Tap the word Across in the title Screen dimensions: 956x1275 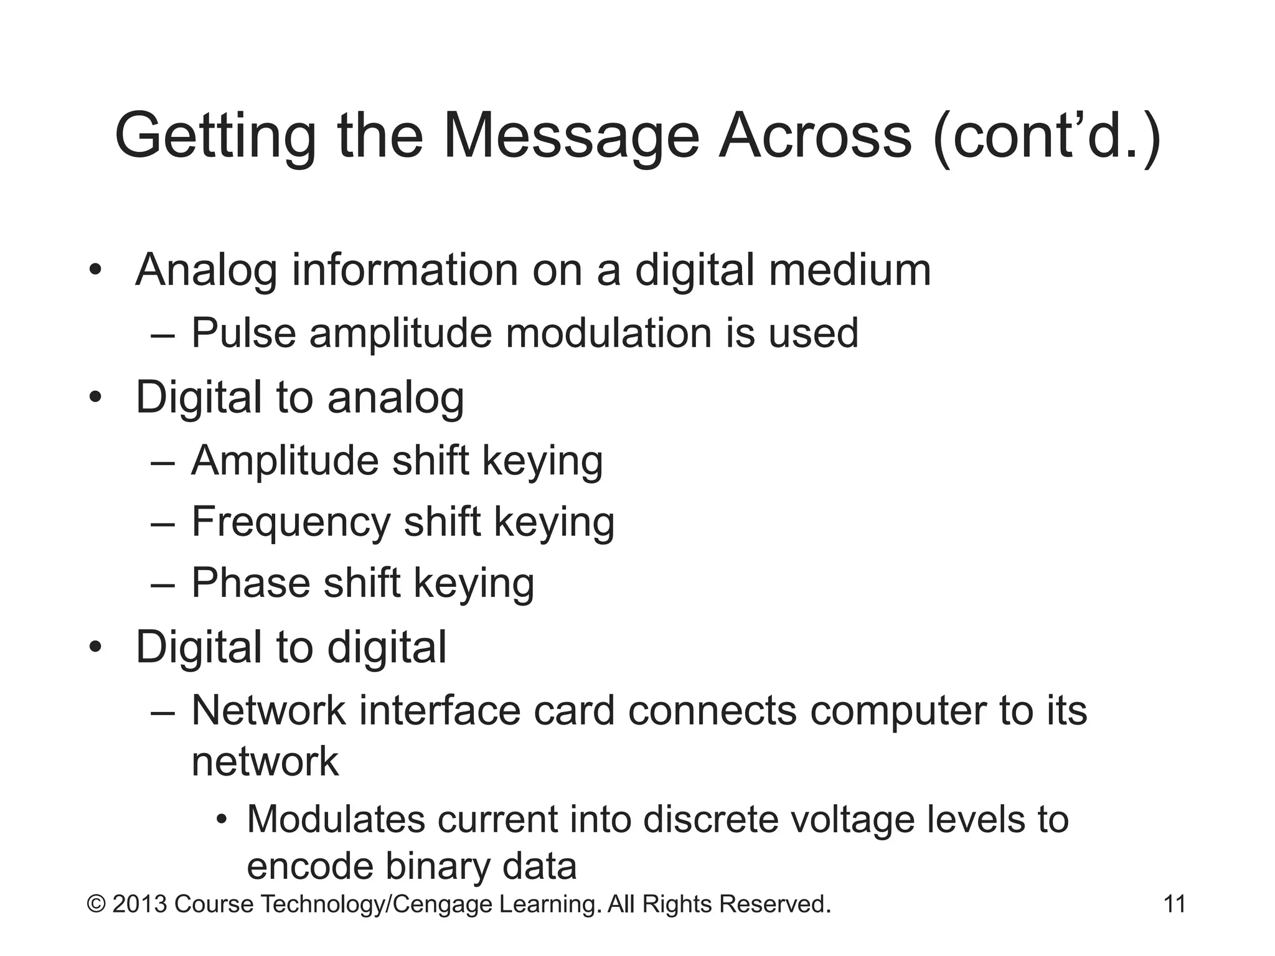[815, 136]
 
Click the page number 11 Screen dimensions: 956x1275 [1174, 904]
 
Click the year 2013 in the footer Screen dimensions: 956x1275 [139, 904]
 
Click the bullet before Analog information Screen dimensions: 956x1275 [95, 271]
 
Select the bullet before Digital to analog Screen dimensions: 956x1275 [95, 398]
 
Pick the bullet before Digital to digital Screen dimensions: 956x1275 [95, 648]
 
